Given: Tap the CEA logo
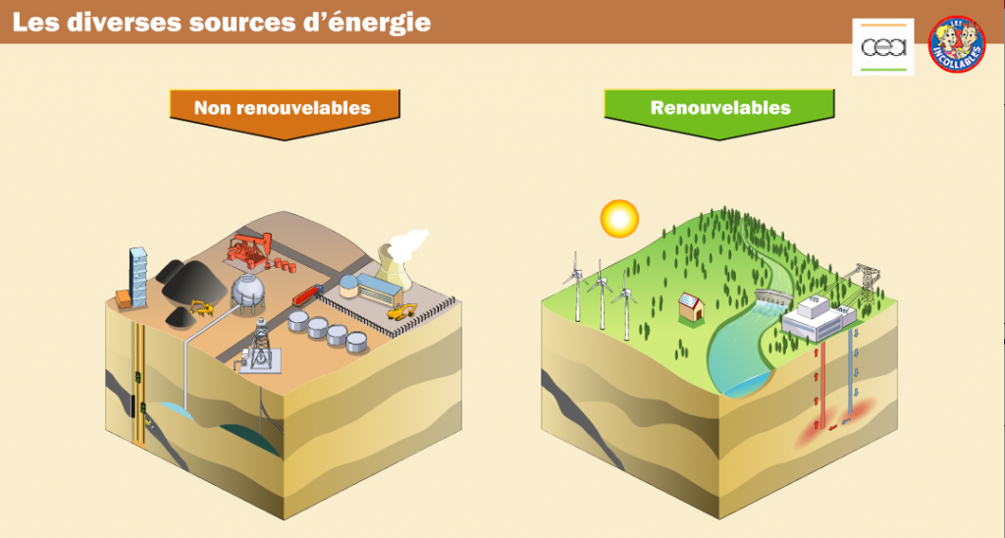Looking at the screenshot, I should pyautogui.click(x=882, y=47).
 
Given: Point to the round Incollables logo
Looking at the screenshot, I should pyautogui.click(x=956, y=44).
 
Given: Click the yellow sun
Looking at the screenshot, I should pyautogui.click(x=619, y=217).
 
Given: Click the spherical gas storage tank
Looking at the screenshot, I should pyautogui.click(x=248, y=290).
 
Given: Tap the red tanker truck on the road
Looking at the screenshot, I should pyautogui.click(x=307, y=293).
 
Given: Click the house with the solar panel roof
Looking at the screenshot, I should pyautogui.click(x=692, y=306).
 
